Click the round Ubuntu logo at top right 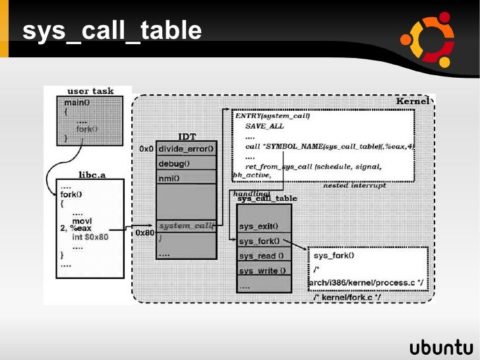(x=429, y=38)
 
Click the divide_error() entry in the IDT (x=187, y=148)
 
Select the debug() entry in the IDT (x=174, y=163)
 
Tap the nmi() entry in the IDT (x=169, y=178)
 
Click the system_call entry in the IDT (x=186, y=225)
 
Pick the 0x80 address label (x=144, y=233)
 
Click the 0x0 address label (x=146, y=149)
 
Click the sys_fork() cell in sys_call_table (x=259, y=241)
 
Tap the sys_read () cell (x=261, y=256)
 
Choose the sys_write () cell (x=262, y=270)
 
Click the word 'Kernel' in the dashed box (x=412, y=102)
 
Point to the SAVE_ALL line (x=264, y=125)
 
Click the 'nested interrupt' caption (x=353, y=186)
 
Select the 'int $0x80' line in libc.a (x=91, y=237)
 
